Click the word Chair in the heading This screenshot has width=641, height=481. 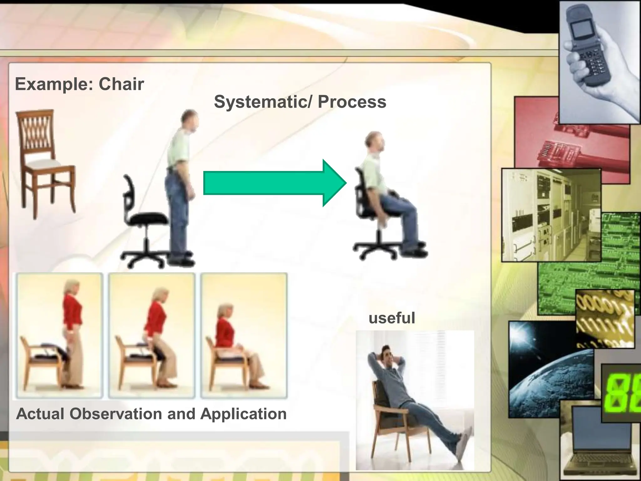pos(121,84)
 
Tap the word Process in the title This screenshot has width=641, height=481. pos(352,102)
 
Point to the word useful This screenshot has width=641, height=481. pos(392,318)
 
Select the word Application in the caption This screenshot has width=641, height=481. pos(243,414)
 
